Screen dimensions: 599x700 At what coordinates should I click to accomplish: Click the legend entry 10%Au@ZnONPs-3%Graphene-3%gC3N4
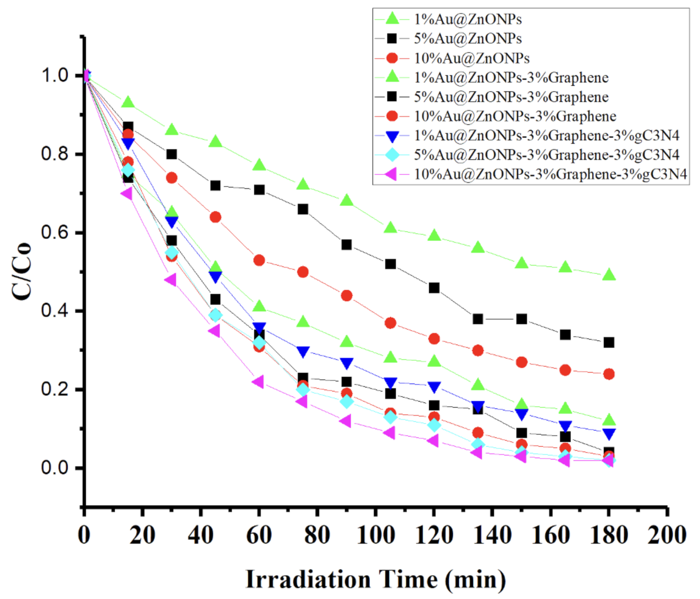click(550, 174)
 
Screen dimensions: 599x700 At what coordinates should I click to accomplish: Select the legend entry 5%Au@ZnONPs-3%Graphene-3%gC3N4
click(546, 155)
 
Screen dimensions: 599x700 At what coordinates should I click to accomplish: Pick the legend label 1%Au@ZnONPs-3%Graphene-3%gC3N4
click(546, 136)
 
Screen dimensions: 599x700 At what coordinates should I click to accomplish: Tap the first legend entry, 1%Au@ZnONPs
click(468, 19)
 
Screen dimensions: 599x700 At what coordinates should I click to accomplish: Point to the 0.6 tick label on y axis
click(55, 232)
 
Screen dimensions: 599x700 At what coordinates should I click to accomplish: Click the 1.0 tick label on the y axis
click(55, 75)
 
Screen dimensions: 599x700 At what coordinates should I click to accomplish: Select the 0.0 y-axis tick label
click(55, 468)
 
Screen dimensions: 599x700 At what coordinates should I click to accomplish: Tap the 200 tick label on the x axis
click(666, 535)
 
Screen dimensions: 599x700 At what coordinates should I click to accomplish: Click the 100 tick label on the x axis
click(375, 535)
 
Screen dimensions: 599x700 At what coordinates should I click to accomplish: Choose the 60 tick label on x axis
click(259, 535)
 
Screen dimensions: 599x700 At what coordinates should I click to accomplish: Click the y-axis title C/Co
click(22, 271)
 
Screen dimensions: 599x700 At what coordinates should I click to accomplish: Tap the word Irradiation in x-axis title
click(308, 579)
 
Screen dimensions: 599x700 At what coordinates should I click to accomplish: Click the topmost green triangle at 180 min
click(609, 275)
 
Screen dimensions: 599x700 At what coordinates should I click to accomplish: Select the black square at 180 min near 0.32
click(609, 342)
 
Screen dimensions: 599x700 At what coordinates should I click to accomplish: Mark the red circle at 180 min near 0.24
click(609, 374)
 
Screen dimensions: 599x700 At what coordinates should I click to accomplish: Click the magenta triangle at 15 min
click(127, 193)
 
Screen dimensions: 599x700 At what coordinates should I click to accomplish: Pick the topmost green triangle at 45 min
click(215, 141)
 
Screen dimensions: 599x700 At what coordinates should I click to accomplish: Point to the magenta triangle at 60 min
click(258, 381)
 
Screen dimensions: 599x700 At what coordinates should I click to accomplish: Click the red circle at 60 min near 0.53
click(259, 260)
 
